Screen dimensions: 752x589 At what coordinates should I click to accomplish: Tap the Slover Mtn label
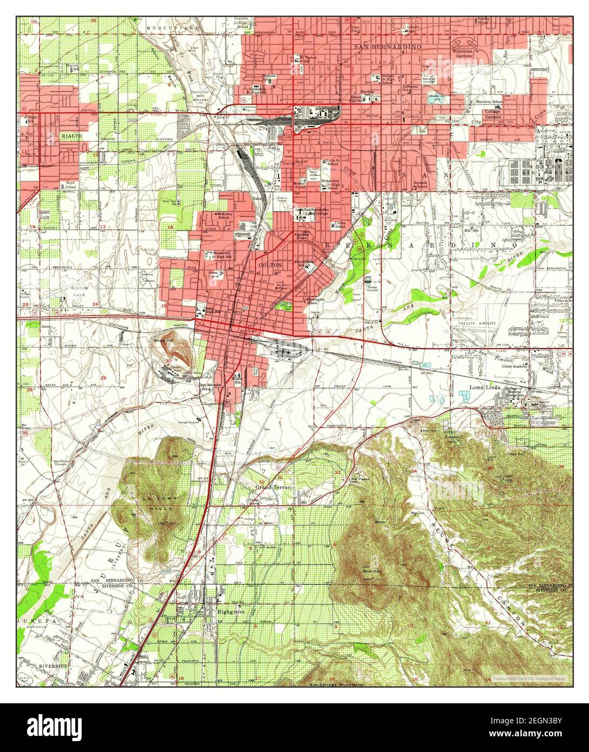(x=161, y=341)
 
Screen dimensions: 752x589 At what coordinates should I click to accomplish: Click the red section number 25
(x=103, y=378)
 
